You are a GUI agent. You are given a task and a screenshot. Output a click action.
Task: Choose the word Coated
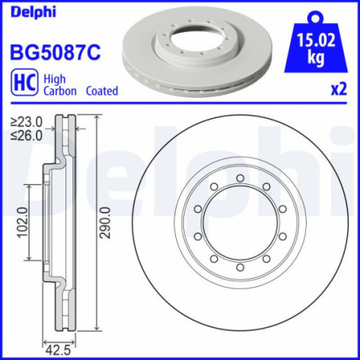pyautogui.click(x=101, y=92)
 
